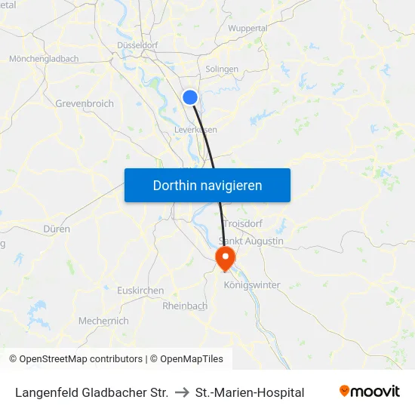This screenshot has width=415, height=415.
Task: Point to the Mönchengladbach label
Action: (44, 58)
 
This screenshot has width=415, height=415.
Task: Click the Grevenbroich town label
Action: (84, 103)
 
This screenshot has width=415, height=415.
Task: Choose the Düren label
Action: (57, 229)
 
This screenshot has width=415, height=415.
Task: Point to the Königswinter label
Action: (252, 285)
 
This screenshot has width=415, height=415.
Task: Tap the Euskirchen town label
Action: (140, 290)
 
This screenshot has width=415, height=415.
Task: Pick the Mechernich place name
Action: (103, 321)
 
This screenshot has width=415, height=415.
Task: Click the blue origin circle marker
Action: (191, 97)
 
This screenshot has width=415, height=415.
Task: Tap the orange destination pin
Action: (225, 258)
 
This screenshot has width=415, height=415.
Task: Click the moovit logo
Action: (370, 392)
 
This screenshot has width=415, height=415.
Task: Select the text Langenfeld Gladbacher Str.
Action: (91, 392)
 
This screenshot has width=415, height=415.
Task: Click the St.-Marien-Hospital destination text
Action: (250, 392)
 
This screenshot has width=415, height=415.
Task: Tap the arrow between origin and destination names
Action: (182, 392)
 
